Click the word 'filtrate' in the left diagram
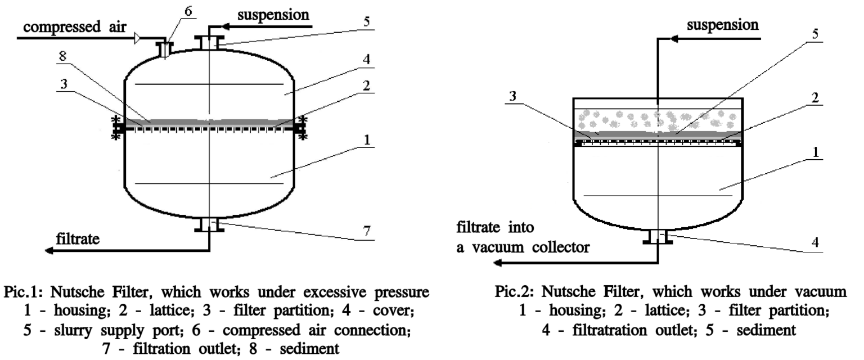tap(77, 238)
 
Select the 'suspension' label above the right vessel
tap(723, 25)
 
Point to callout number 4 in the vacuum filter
tap(816, 246)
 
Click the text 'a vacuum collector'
tap(523, 247)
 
